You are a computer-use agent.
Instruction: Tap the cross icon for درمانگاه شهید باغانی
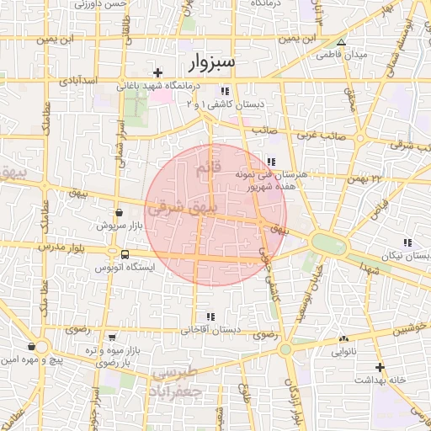[x=157, y=73]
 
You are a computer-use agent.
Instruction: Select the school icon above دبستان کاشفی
[x=224, y=91]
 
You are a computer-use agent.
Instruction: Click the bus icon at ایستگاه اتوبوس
[x=125, y=253]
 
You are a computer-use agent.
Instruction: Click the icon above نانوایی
[x=343, y=338]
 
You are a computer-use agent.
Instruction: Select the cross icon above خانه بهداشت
[x=380, y=367]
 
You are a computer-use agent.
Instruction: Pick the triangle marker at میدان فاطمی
[x=341, y=41]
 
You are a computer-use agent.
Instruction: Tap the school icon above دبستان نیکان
[x=408, y=242]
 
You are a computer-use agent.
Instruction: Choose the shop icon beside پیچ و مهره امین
[x=31, y=346]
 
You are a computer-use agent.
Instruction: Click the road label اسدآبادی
[x=104, y=80]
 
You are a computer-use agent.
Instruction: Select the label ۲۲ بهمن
[x=364, y=178]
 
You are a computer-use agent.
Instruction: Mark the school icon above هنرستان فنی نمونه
[x=270, y=162]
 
